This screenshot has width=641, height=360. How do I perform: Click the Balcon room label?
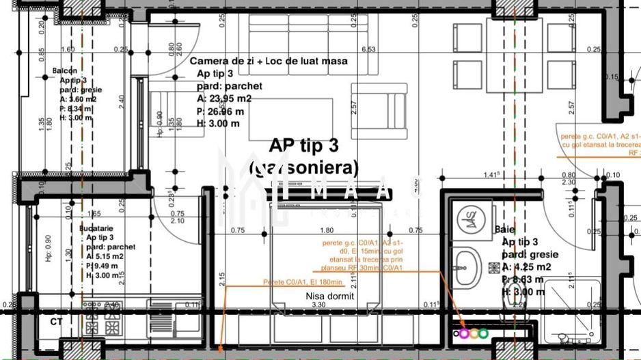pos(64,71)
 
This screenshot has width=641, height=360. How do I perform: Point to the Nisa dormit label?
pos(329,296)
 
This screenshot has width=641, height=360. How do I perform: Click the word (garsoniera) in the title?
pos(303,167)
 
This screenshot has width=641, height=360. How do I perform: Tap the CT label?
pos(56,320)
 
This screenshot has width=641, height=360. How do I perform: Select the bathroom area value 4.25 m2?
pos(526,267)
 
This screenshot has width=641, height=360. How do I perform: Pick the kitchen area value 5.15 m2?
pos(105,256)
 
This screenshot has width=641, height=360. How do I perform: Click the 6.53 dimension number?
pos(369,49)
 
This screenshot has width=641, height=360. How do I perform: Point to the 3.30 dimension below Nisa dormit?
pos(318,305)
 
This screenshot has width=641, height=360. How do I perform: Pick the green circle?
pos(483,334)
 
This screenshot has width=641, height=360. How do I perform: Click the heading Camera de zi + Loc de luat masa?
pos(268,61)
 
